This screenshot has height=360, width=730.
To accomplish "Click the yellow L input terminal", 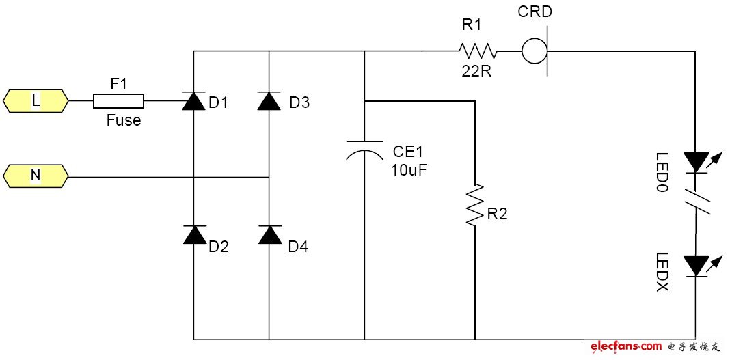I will pos(36,101).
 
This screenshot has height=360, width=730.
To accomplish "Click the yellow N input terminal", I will pos(36,176).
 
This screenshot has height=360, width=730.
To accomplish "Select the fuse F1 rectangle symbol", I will pos(118,102).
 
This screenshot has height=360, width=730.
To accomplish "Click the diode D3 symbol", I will pos(269,102).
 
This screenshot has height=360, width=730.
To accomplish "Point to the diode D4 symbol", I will pos(269,234).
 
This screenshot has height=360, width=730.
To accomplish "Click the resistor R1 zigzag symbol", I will pos(477,51).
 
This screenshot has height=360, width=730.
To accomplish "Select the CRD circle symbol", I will pos(534,51).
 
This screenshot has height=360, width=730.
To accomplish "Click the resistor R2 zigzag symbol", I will pos(474,204).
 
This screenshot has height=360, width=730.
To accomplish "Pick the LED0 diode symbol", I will pos(697,162).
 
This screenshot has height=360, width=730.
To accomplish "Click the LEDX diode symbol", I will pos(697,265).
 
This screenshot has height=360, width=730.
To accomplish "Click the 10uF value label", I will pos(409,170).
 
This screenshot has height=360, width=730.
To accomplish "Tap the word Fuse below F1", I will pos(123,121).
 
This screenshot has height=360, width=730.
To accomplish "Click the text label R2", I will pos(498,214).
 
